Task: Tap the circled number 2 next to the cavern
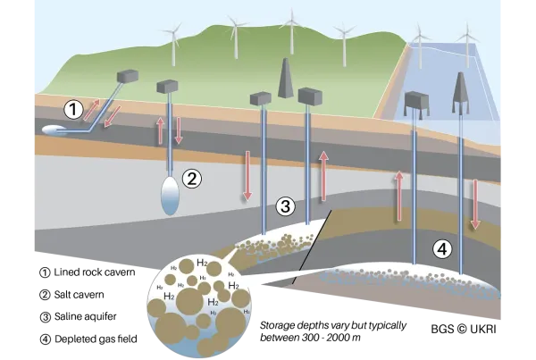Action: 192,178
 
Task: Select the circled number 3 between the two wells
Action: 285,206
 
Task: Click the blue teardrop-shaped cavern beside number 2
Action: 170,196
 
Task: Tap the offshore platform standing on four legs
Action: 417,105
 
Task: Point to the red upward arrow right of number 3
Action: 324,173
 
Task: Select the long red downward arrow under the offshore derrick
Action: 475,205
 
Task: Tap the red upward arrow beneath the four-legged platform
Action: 399,196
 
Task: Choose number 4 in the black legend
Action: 43,339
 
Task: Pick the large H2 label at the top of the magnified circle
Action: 203,264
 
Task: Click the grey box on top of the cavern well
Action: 167,86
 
